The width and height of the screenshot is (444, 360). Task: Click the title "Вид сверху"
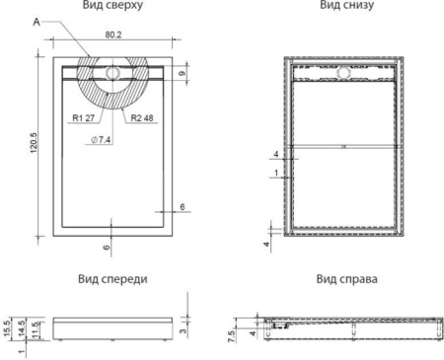tap(115, 5)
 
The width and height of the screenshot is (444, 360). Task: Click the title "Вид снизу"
tap(343, 5)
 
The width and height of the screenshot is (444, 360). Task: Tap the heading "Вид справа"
tap(343, 278)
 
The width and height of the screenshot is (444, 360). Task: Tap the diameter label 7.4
tap(102, 141)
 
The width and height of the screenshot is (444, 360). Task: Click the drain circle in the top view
tap(111, 72)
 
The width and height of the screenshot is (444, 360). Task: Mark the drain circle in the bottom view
tap(343, 72)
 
